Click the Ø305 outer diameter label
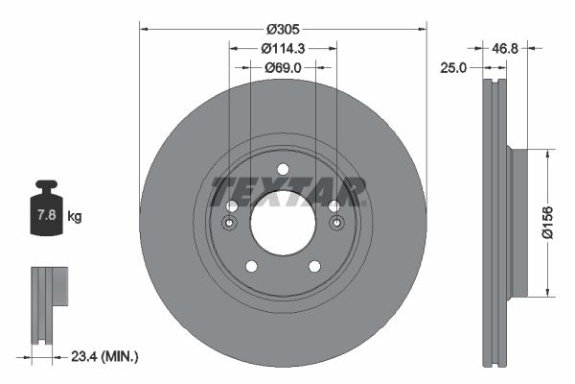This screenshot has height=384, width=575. pyautogui.click(x=283, y=28)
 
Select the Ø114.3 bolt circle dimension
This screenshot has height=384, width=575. pyautogui.click(x=283, y=48)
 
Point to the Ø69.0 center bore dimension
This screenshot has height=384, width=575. pyautogui.click(x=283, y=67)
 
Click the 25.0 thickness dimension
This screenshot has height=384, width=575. pyautogui.click(x=453, y=68)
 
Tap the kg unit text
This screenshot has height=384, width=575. pyautogui.click(x=75, y=216)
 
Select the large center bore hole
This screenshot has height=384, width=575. pyautogui.click(x=283, y=222)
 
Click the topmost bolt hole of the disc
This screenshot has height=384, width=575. pyautogui.click(x=283, y=171)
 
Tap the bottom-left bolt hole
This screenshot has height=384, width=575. pyautogui.click(x=251, y=266)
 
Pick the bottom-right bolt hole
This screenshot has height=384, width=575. pyautogui.click(x=314, y=266)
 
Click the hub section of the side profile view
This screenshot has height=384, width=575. pyautogui.click(x=518, y=223)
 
